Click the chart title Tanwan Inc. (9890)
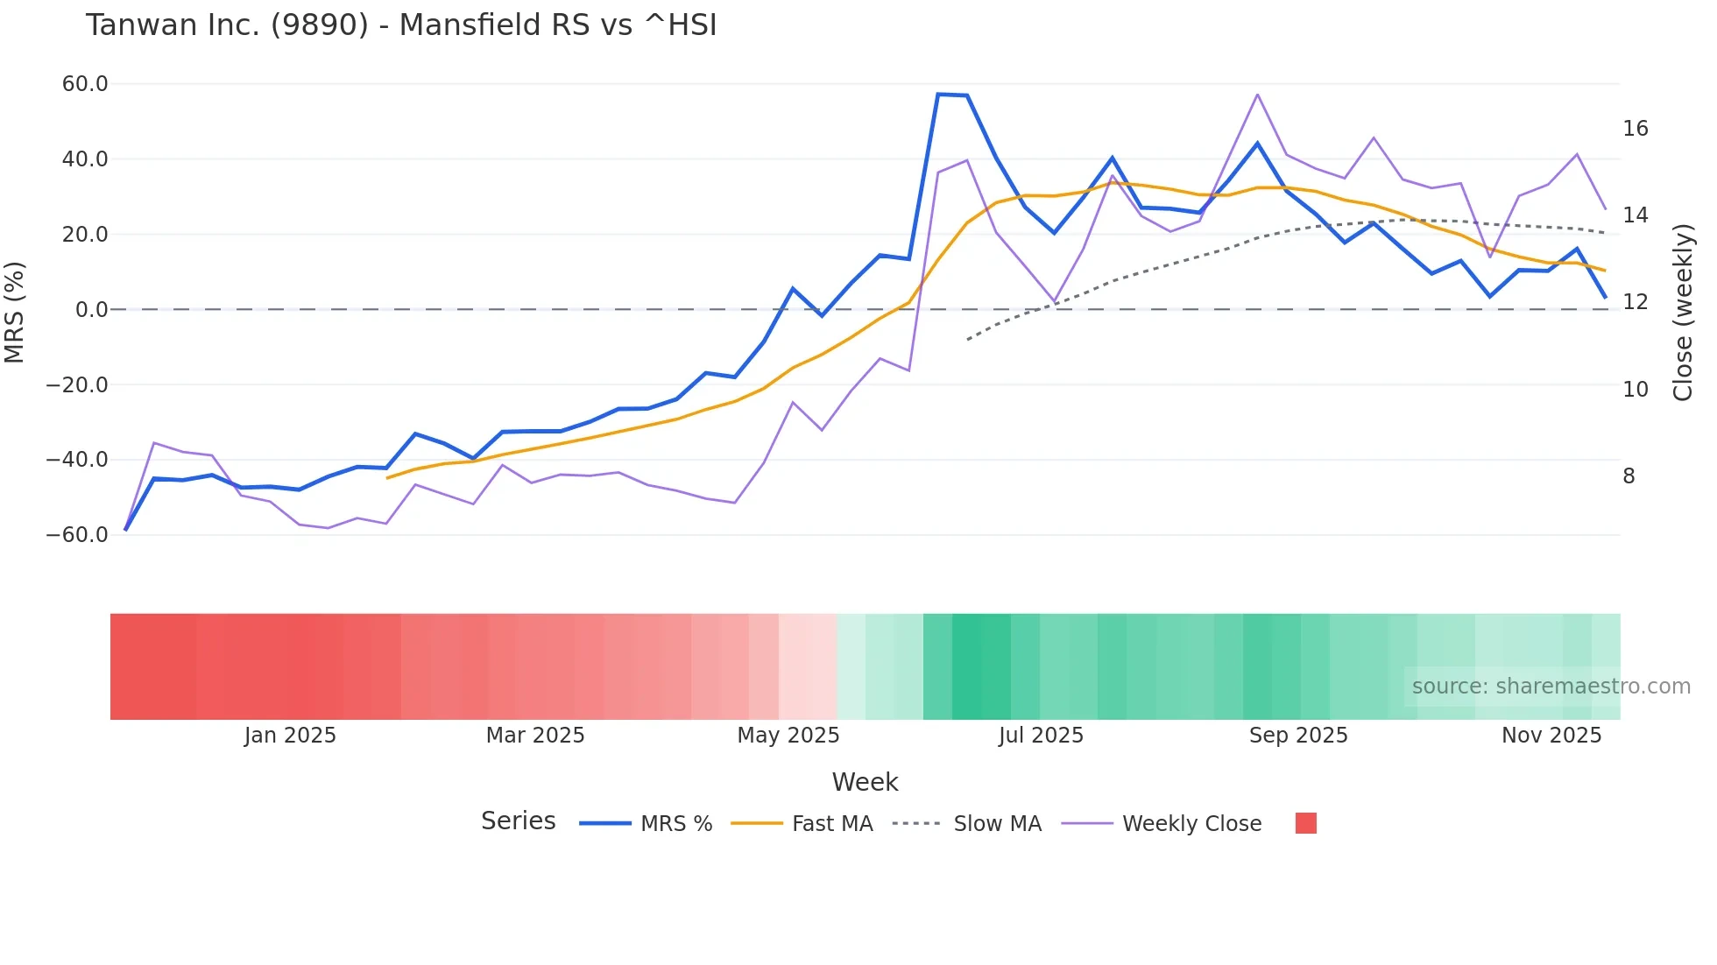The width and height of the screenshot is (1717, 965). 400,25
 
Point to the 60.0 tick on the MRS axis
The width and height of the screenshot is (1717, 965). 85,84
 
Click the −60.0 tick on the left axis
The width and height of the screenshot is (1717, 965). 77,534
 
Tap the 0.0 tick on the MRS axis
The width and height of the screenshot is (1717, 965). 91,309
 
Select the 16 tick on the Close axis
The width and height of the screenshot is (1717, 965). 1635,129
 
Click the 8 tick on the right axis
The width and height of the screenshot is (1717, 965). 1629,475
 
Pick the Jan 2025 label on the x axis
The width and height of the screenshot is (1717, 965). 290,736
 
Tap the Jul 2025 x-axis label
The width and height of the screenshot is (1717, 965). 1041,736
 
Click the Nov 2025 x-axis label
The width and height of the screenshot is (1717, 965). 1551,736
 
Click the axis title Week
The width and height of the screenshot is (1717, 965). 865,782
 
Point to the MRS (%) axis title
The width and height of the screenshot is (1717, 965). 14,312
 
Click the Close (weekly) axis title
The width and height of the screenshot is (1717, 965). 1683,312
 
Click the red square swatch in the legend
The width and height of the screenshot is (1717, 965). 1305,823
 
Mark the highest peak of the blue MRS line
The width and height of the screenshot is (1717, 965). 939,94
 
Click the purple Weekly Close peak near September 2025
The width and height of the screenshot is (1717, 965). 1258,95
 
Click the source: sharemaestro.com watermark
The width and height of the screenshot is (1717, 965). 1551,687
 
